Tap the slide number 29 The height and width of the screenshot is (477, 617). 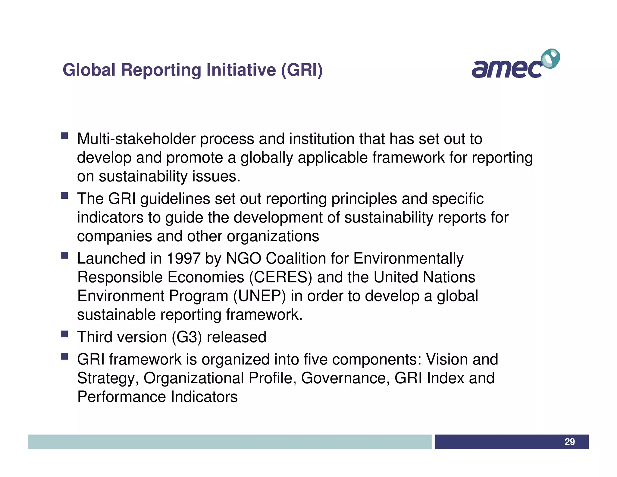(x=569, y=442)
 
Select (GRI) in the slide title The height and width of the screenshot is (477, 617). (x=302, y=70)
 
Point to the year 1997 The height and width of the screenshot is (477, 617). (x=183, y=258)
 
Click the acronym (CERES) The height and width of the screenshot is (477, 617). (x=280, y=277)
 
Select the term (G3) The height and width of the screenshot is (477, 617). (x=187, y=337)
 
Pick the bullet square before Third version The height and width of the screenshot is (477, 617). (x=64, y=334)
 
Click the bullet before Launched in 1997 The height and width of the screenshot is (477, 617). (x=64, y=255)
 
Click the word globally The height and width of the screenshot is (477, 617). (x=266, y=158)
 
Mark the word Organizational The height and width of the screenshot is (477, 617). (x=193, y=378)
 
